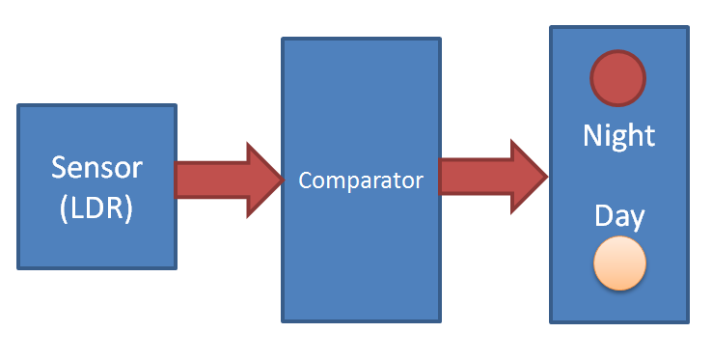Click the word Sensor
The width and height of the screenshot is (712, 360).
(96, 167)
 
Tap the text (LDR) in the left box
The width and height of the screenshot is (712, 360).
(96, 208)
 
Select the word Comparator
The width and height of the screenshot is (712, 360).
(361, 180)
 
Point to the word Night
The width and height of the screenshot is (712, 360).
(618, 136)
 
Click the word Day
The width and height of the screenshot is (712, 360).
(619, 215)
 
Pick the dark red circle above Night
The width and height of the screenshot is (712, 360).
(618, 77)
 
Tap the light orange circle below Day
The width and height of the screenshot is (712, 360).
(618, 263)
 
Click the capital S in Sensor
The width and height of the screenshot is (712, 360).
(59, 167)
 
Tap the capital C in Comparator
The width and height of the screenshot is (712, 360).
(305, 180)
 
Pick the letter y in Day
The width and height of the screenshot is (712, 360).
(638, 218)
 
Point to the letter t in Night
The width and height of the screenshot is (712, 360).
(650, 136)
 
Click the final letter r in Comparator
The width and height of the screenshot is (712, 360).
(420, 181)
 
